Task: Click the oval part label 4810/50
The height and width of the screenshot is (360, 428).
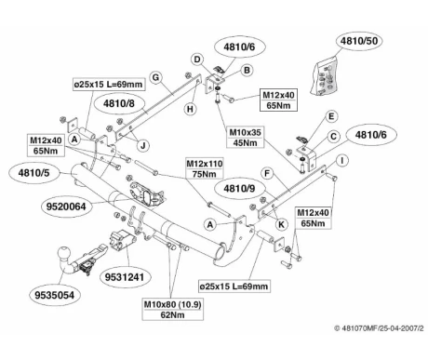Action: point(359,41)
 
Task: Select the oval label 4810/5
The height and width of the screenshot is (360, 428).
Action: point(33,173)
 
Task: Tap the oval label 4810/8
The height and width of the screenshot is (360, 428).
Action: point(119,103)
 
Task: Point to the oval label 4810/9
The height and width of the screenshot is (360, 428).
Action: point(239,188)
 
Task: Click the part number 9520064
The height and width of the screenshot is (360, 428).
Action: point(66,207)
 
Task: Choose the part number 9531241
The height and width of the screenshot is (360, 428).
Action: point(125,277)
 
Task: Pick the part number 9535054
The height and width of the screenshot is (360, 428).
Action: point(55,295)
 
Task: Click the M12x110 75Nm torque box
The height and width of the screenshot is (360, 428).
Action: point(205,168)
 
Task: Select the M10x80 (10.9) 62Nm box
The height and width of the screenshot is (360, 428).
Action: point(173,310)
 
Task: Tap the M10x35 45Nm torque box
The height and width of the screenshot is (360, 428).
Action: point(245,138)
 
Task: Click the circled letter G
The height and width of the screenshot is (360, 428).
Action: point(155,77)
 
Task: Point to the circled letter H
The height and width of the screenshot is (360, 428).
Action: point(190,109)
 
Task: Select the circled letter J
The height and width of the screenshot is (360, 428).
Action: point(143,145)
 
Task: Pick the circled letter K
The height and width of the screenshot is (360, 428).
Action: point(281,224)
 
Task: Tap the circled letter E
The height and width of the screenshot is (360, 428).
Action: point(331,116)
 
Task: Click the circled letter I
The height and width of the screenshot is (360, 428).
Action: point(342,161)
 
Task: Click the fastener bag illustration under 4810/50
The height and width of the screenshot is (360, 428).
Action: point(325,75)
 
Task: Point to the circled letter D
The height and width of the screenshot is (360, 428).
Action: point(197,60)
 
